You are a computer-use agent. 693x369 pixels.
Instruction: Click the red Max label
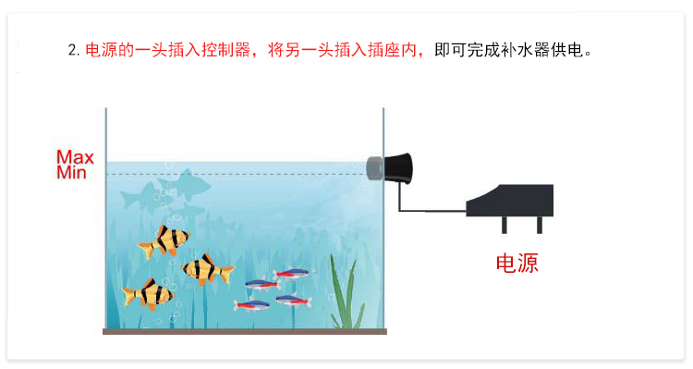pos(75,157)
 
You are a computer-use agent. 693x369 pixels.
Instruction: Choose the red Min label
pos(72,172)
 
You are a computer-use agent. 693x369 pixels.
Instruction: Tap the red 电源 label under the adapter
pos(517,264)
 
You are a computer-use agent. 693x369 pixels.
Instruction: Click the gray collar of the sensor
pos(375,167)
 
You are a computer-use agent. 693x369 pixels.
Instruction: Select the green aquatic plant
pos(346,294)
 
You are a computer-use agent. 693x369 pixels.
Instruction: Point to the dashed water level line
pos(240,174)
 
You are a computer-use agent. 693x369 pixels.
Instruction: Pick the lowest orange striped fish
pos(147,294)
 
